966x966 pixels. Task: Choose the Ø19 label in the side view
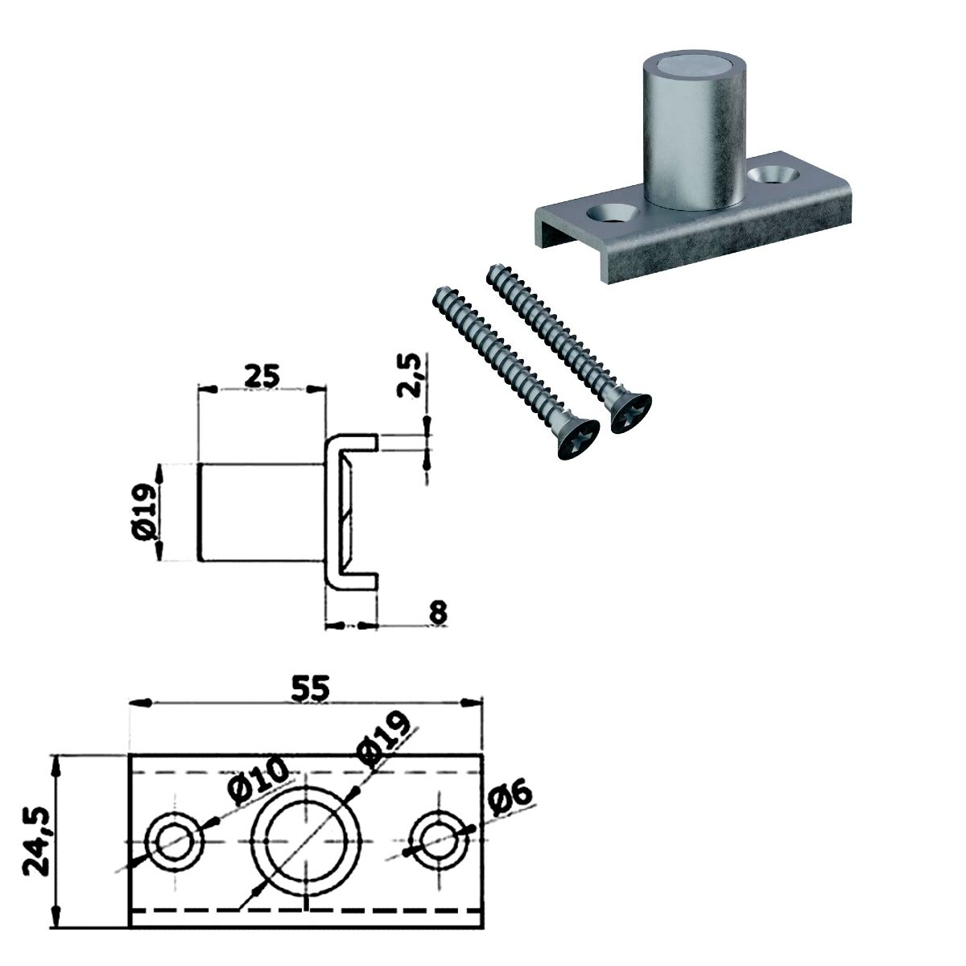point(146,511)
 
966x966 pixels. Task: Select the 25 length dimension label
point(262,377)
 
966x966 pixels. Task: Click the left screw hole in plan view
point(175,840)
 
